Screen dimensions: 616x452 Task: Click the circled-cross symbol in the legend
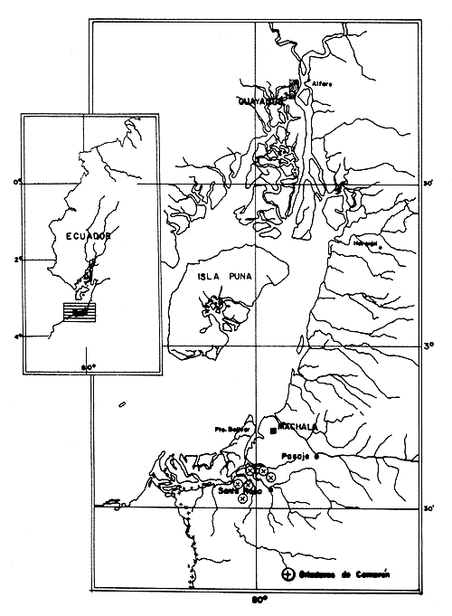click(x=288, y=574)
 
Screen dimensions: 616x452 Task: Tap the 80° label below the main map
click(x=258, y=600)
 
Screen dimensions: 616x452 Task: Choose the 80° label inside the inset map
click(x=89, y=367)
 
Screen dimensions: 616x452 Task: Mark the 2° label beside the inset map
click(x=15, y=260)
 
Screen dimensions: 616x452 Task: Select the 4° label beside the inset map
click(x=15, y=336)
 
